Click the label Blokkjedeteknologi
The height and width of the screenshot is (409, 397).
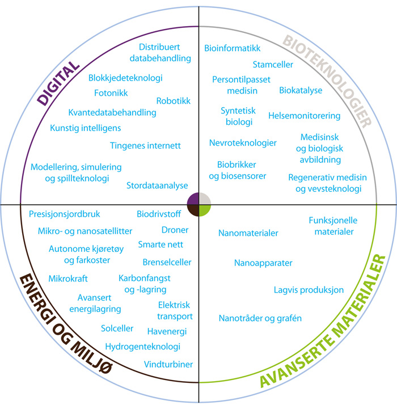click(x=125, y=78)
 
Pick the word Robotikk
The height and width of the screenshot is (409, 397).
click(x=174, y=101)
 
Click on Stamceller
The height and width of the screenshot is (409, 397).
click(x=273, y=65)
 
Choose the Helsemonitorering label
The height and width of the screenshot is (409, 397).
click(x=305, y=116)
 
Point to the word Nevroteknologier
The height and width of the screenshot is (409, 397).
click(x=243, y=143)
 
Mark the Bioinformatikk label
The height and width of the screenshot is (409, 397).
click(x=233, y=49)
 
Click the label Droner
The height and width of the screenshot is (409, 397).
click(x=175, y=230)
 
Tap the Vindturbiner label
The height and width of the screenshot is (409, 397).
click(x=168, y=364)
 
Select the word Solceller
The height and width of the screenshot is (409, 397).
click(x=117, y=328)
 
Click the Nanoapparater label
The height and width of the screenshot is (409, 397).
click(x=263, y=263)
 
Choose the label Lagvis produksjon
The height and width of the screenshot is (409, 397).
click(x=309, y=290)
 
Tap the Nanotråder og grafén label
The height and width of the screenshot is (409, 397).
click(x=260, y=318)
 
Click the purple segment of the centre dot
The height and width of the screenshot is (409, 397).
click(x=193, y=199)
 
